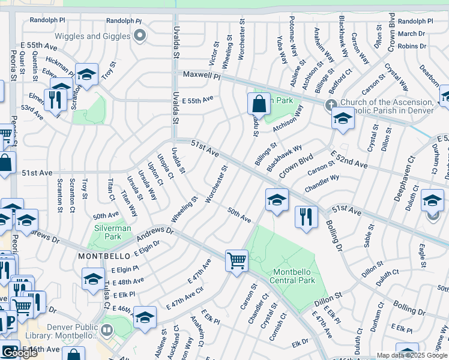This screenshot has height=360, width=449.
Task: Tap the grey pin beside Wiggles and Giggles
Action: click(x=140, y=36)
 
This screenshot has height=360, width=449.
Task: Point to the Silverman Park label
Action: click(x=109, y=233)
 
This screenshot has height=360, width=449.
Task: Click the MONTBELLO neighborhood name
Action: click(x=100, y=256)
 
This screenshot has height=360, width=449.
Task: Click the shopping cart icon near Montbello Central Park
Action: click(x=237, y=261)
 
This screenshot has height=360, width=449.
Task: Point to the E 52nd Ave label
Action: click(x=348, y=160)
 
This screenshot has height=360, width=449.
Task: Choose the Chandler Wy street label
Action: click(x=322, y=183)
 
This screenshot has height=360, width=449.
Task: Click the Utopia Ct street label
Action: click(x=164, y=167)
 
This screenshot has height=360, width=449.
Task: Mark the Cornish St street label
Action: click(x=277, y=325)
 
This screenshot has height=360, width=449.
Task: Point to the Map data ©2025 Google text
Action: click(x=412, y=355)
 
